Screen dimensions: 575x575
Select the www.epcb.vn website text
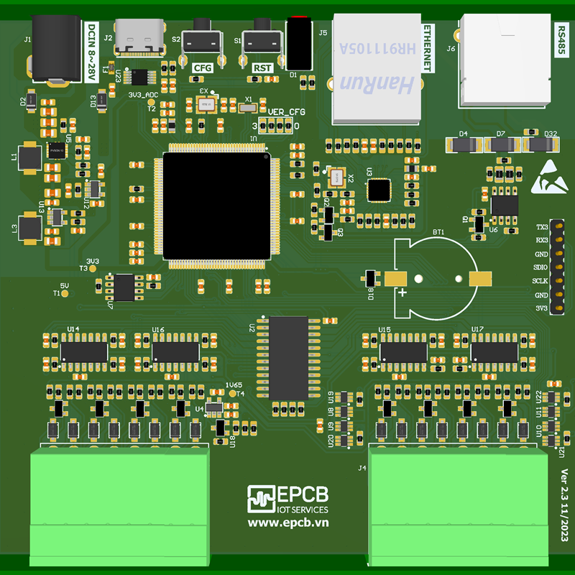click(x=287, y=524)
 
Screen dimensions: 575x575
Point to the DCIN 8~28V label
click(x=91, y=50)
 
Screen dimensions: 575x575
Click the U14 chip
click(x=84, y=351)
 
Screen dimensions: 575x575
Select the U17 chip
click(x=494, y=351)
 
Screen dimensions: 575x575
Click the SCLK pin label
click(x=540, y=281)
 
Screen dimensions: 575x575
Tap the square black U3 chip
click(x=378, y=190)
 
